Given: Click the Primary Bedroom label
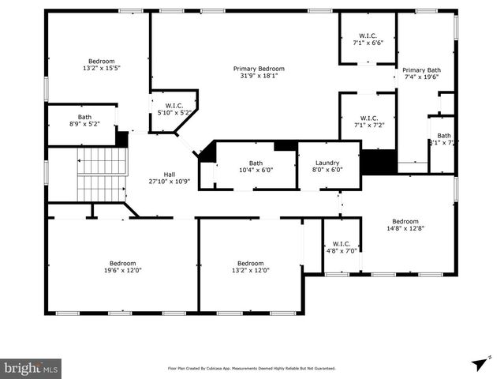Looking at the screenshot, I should tap(259, 69).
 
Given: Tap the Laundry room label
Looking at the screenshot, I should tap(327, 163).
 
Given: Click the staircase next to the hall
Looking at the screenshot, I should tap(101, 174).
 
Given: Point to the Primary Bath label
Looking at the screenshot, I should tap(423, 69).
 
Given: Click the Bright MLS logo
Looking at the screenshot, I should tap(32, 368).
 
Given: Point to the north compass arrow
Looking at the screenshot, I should tap(478, 362).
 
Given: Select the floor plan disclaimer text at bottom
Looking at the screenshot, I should tap(252, 368).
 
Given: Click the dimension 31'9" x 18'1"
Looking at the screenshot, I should tap(259, 76).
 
